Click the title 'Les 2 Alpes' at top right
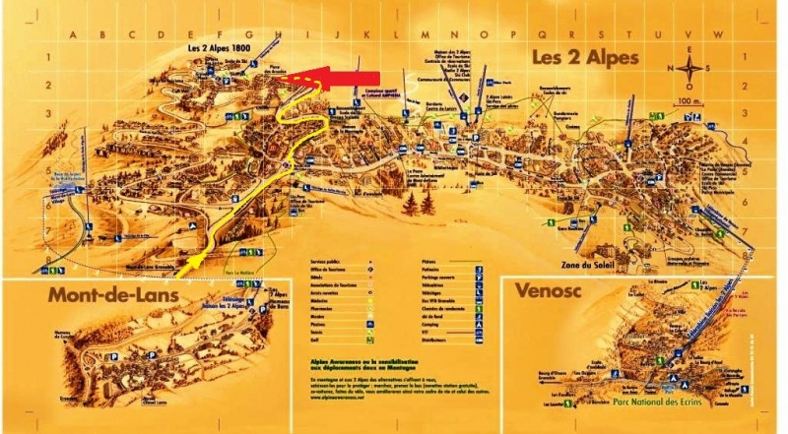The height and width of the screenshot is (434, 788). (585, 58)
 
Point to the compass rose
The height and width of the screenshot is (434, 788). (691, 69)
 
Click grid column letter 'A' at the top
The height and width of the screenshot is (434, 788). (72, 32)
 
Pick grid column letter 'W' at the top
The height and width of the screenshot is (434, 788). (718, 32)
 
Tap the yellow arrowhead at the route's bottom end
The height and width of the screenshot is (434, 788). (196, 260)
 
